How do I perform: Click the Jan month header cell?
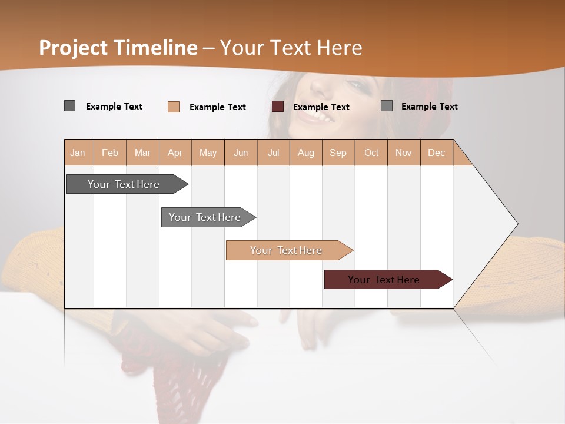(x=78, y=153)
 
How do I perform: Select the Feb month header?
(x=110, y=153)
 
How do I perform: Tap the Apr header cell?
(x=175, y=153)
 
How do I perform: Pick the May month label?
(x=208, y=153)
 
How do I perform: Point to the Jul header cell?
(x=273, y=153)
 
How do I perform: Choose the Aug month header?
(x=305, y=153)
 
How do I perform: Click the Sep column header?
(x=338, y=153)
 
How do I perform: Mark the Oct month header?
(x=371, y=153)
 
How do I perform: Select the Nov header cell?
(x=404, y=153)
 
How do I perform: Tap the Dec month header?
(x=436, y=153)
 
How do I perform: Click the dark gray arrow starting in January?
(x=124, y=184)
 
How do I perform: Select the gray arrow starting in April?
(x=205, y=217)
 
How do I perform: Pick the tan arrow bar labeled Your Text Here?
(x=286, y=250)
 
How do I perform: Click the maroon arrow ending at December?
(x=384, y=280)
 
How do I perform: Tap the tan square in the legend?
(x=174, y=107)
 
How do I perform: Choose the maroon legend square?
(x=278, y=106)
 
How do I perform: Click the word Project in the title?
(x=74, y=48)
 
